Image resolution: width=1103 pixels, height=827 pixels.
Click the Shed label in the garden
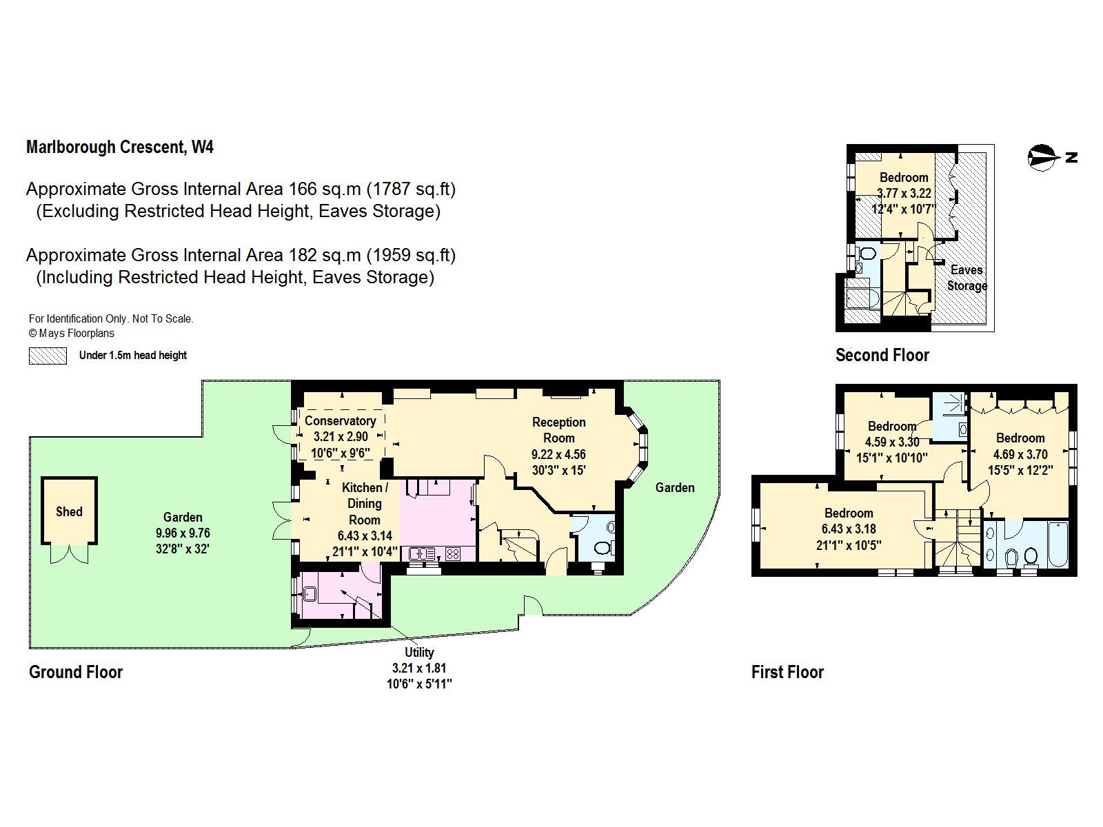69,511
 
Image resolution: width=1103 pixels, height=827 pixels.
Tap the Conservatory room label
340,421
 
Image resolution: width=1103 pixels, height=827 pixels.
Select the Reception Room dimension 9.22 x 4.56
558,454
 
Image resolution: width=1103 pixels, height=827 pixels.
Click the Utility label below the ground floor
418,652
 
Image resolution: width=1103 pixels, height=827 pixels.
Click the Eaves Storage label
967,278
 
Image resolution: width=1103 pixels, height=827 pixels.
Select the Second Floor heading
882,355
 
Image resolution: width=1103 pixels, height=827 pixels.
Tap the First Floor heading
787,672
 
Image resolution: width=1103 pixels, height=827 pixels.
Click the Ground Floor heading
76,672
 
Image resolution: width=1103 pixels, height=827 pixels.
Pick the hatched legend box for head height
48,356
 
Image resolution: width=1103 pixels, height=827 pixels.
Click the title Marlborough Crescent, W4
120,147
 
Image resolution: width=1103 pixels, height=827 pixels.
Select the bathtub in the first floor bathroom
1056,544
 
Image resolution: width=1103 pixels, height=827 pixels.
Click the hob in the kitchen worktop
453,553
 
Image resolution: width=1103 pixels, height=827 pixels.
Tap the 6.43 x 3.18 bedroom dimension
848,529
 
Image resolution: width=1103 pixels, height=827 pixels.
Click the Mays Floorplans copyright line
72,334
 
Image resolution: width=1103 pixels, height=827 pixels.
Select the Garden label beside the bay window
674,487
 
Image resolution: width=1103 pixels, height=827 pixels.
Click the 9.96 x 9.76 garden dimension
183,533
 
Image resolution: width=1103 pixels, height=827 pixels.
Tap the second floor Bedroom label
903,177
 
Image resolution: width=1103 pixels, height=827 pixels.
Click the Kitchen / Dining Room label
365,504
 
